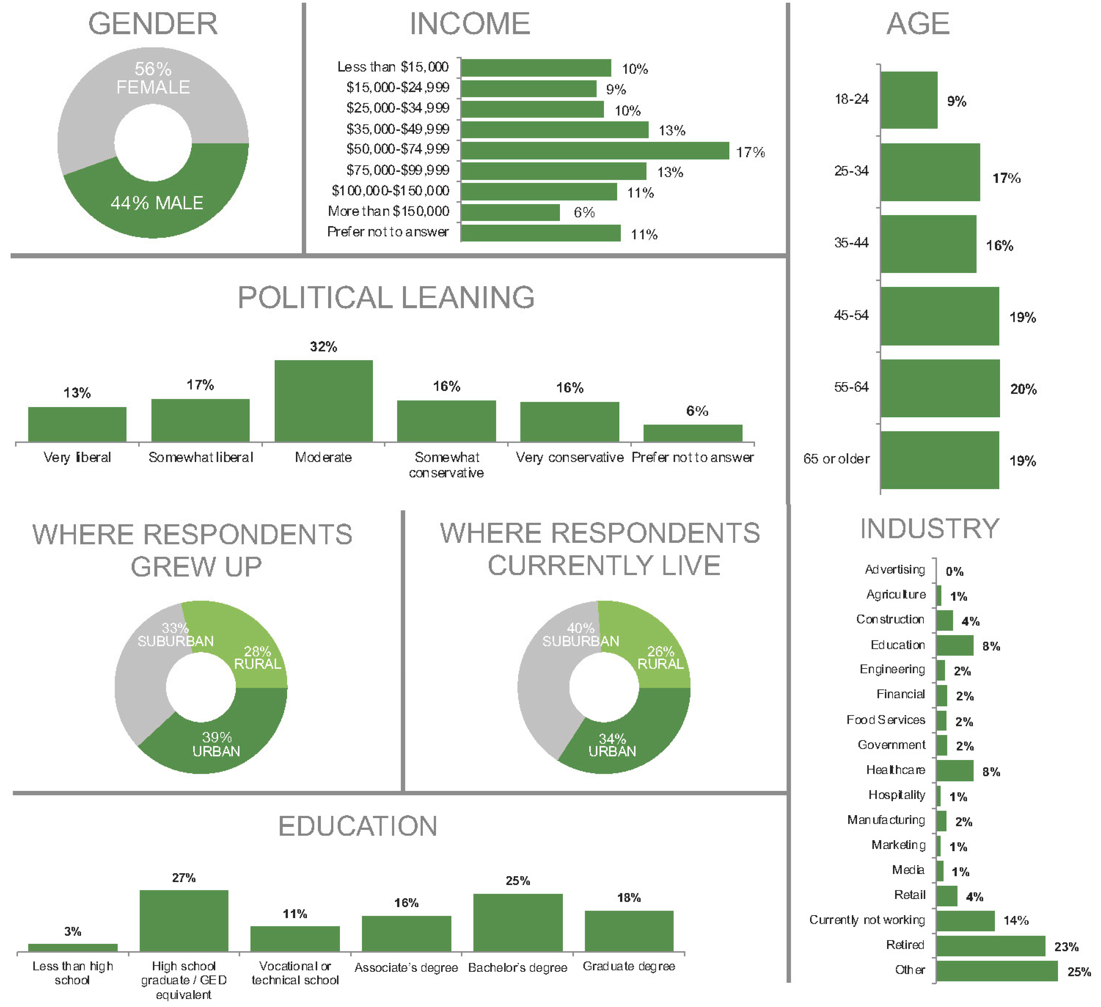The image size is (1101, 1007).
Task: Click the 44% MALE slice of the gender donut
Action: pyautogui.click(x=157, y=203)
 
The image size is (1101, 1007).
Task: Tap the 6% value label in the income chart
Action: pyautogui.click(x=584, y=213)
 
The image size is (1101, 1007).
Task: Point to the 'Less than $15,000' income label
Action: pyautogui.click(x=393, y=67)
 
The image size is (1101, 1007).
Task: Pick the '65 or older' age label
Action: pyautogui.click(x=836, y=459)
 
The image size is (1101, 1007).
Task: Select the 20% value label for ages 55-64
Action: pyautogui.click(x=1023, y=389)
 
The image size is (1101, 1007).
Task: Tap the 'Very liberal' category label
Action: pyautogui.click(x=77, y=457)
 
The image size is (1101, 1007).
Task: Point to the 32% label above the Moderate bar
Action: pyautogui.click(x=323, y=346)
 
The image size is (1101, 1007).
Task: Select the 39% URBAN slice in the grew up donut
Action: pyautogui.click(x=216, y=744)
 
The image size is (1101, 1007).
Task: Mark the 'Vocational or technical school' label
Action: pyautogui.click(x=295, y=973)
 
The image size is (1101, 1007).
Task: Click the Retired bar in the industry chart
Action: pyautogui.click(x=990, y=946)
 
